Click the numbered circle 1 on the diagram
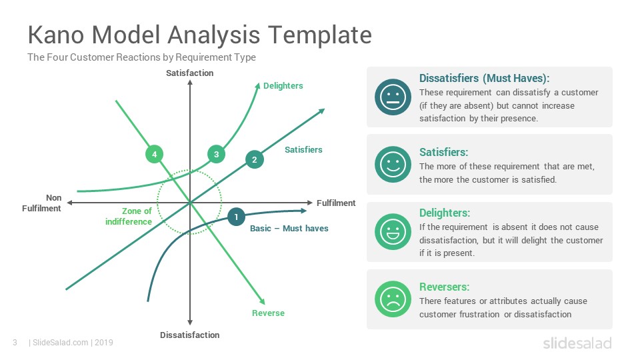[236, 217]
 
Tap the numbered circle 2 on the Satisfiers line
[254, 159]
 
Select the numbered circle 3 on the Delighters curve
[216, 154]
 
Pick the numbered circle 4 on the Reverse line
[154, 154]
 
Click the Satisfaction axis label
[190, 73]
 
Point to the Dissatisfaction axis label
[190, 335]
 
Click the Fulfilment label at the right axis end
[336, 203]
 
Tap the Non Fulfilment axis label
[41, 203]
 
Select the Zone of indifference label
[129, 216]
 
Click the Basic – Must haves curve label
[289, 229]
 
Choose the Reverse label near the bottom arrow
[268, 313]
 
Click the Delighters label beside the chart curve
[283, 86]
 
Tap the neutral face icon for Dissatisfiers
[393, 97]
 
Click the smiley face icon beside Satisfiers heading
[393, 165]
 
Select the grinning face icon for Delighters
[393, 232]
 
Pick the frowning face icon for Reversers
[393, 299]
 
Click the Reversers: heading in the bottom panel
[445, 287]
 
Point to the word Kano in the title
[56, 35]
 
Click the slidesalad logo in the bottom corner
[577, 343]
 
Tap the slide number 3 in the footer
[15, 343]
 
